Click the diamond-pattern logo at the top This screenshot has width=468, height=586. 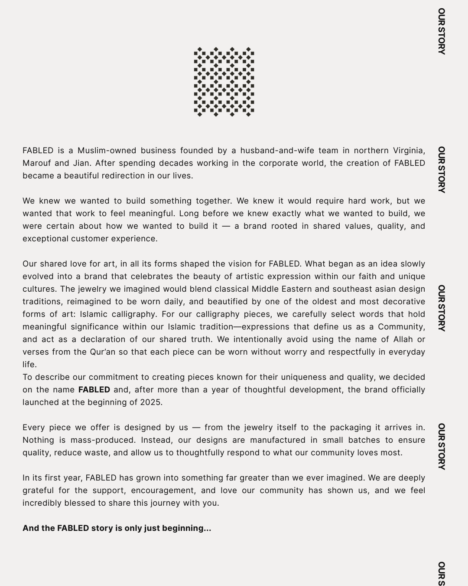pos(224,82)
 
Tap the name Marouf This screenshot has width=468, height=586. pos(37,163)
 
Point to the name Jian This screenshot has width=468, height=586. pos(80,163)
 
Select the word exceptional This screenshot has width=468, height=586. pos(45,239)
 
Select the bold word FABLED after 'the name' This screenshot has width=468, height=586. pos(94,390)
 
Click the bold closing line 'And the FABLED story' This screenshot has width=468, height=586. pos(117,528)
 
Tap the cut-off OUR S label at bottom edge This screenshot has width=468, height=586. pos(441,574)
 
